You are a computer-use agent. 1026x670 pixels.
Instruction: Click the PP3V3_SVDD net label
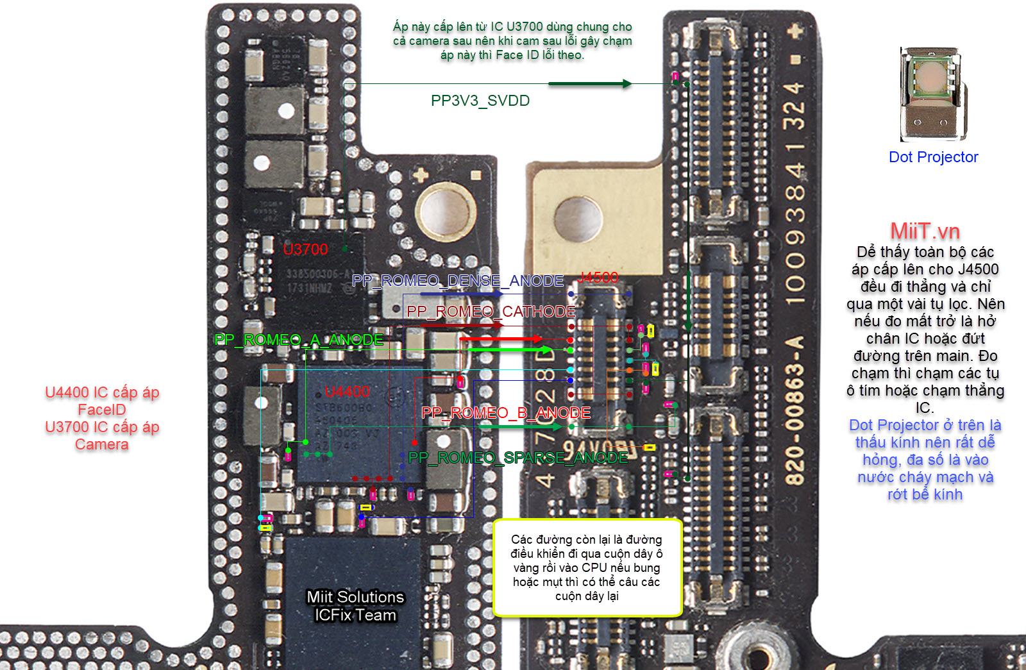click(x=480, y=101)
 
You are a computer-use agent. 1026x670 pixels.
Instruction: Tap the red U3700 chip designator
click(x=305, y=249)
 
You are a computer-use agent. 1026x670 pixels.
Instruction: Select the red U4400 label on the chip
click(x=347, y=391)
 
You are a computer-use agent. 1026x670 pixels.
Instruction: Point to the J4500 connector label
click(x=598, y=278)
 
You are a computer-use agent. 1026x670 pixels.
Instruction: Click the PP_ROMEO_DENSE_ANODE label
click(x=458, y=281)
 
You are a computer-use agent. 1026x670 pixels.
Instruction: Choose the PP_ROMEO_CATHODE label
click(x=491, y=312)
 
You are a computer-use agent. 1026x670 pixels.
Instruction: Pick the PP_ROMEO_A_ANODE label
click(x=299, y=340)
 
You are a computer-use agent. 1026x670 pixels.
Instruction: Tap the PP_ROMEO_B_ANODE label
click(x=506, y=413)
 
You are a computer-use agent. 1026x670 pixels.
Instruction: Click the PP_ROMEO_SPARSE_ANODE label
click(x=518, y=458)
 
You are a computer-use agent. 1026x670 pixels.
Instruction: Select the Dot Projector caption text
click(x=933, y=157)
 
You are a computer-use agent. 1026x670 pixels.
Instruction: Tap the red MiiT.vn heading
click(x=925, y=231)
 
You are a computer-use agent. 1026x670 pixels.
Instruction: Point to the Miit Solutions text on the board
click(x=355, y=597)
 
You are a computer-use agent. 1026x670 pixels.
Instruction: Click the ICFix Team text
click(x=355, y=615)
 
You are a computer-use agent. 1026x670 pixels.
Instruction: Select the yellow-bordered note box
click(x=587, y=567)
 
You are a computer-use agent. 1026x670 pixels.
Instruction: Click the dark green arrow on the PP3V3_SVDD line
click(x=590, y=83)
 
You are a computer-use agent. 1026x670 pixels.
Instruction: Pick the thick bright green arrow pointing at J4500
click(x=510, y=349)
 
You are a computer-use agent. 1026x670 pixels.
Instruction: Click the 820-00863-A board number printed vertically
click(x=795, y=410)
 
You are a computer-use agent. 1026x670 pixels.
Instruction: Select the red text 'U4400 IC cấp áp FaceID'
click(x=102, y=401)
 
